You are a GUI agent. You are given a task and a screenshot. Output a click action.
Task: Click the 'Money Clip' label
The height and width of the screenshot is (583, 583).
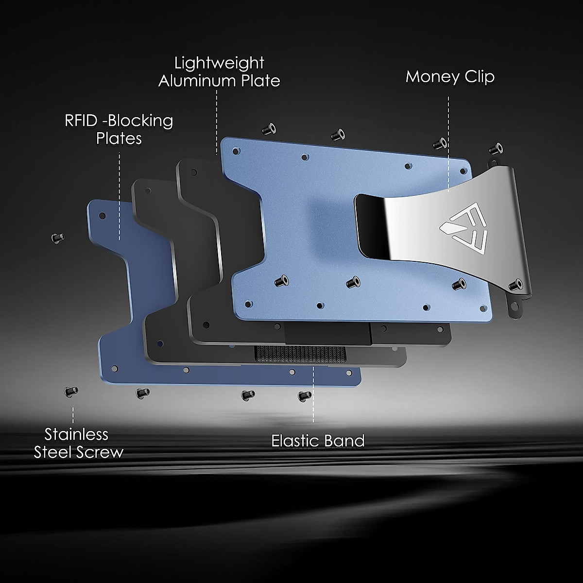(x=450, y=77)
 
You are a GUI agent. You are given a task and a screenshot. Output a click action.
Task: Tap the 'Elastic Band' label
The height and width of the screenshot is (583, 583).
(x=318, y=441)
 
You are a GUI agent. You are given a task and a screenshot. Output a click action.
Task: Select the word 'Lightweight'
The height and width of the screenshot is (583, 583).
(x=219, y=64)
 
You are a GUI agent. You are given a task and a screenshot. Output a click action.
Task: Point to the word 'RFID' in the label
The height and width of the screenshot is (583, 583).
(x=81, y=120)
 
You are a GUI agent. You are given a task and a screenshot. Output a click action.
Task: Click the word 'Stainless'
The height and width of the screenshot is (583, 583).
(x=76, y=434)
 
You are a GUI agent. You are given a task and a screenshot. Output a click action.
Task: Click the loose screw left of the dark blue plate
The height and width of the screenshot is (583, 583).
(x=58, y=238)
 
